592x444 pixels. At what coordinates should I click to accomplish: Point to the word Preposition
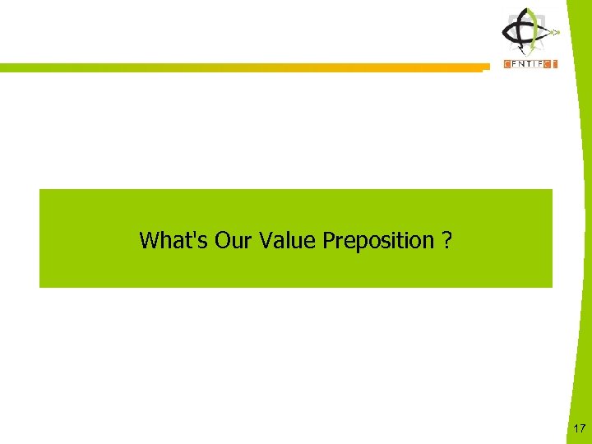[377, 241]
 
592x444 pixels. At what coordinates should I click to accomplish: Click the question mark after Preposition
[446, 240]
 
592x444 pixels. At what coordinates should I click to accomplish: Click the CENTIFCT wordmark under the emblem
[530, 64]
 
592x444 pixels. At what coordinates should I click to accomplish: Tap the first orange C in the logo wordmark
[507, 64]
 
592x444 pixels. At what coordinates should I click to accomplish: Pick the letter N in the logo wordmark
[523, 64]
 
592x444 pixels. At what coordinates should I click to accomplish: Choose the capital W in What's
[148, 240]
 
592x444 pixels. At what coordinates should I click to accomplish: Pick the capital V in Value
[265, 240]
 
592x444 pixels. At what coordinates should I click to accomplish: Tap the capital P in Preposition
[328, 240]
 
